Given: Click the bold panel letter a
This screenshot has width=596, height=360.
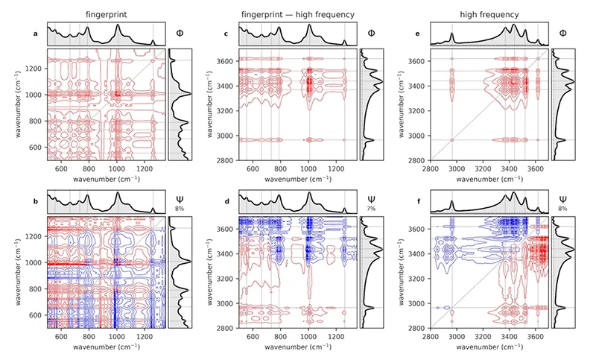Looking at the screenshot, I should click(35, 34).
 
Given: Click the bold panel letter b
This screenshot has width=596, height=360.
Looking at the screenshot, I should click(35, 200).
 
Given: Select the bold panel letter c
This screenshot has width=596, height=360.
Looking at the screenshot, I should click(226, 34).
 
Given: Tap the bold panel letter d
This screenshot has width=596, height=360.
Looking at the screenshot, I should click(226, 200).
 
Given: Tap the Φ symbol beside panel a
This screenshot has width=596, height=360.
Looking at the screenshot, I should click(180, 34).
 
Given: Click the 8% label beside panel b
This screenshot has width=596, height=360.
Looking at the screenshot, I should click(180, 209).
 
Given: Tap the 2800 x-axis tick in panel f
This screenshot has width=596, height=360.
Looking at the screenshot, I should click(431, 335).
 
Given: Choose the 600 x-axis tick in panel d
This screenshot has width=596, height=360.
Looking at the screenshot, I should click(253, 335).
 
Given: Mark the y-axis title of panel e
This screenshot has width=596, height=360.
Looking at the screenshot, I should click(402, 104).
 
